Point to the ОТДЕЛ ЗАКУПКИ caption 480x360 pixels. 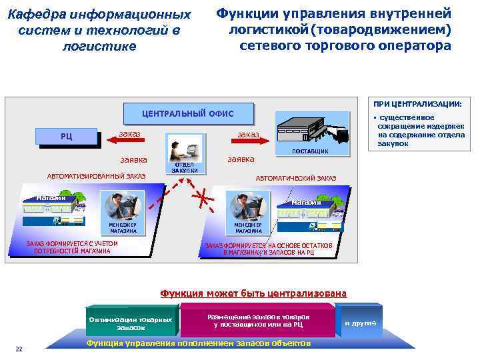pyautogui.click(x=184, y=167)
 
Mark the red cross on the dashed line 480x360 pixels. pyautogui.click(x=201, y=197)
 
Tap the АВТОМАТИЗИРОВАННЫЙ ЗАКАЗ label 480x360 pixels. pyautogui.click(x=96, y=176)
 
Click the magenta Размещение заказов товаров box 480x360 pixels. pyautogui.click(x=257, y=319)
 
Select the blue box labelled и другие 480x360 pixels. pyautogui.click(x=360, y=323)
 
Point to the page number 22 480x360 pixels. pyautogui.click(x=19, y=348)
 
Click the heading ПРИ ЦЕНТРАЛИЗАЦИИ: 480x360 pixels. pyautogui.click(x=421, y=103)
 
